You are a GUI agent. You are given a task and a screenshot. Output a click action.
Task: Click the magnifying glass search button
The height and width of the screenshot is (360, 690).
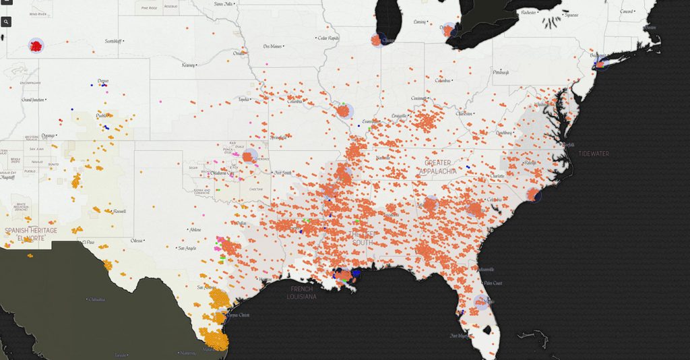point(7,22)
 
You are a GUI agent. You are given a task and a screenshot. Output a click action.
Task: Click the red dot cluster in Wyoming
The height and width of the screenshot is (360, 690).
point(35,46)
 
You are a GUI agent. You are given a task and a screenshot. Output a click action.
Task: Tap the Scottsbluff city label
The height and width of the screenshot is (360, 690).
point(117,41)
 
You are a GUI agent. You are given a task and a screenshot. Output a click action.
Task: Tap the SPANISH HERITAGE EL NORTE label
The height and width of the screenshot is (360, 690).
point(31,235)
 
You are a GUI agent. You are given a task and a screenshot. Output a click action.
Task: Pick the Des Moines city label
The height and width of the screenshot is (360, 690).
point(272,47)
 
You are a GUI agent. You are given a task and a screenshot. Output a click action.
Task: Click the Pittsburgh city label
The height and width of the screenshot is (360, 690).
point(501,71)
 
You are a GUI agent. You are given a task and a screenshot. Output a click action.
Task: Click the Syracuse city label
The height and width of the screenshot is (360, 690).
point(571,15)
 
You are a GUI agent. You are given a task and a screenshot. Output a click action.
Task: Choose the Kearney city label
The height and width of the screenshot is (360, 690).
point(189,65)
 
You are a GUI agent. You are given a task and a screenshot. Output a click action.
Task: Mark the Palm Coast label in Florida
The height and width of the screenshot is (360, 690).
point(493,283)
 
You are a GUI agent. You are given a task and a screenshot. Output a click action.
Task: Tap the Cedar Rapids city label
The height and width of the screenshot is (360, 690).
point(332,38)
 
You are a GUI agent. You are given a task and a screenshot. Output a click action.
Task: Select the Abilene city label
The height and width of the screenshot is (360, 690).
point(195,230)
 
